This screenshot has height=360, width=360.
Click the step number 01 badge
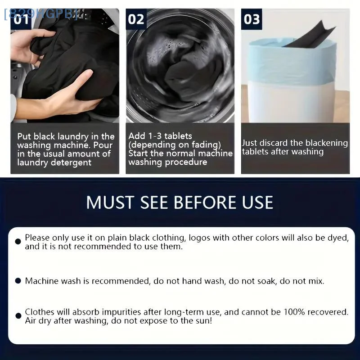point(21,19)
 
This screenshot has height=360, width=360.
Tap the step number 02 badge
point(136,19)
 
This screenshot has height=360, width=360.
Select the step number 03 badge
point(252,19)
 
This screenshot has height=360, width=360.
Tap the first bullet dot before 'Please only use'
point(18,242)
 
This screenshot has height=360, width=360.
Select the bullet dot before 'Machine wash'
point(18,281)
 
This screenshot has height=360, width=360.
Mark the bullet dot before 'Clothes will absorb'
point(18,316)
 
